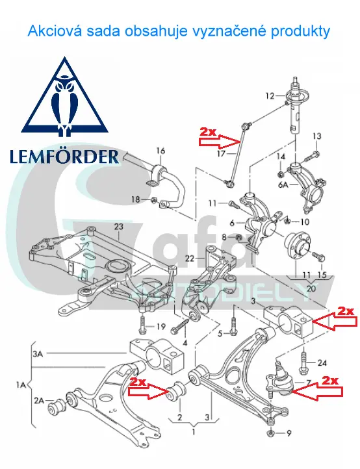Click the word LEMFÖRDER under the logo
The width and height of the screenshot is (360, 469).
pos(64,157)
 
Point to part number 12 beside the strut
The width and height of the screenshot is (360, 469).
pos(270,96)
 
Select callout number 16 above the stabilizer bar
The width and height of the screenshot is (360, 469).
pos(161,151)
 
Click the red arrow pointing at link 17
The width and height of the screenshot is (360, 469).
pos(220,142)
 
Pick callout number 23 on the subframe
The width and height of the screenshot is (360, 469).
pos(118,227)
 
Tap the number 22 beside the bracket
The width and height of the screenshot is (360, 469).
pos(190,258)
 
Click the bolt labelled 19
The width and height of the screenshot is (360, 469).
pos(142,325)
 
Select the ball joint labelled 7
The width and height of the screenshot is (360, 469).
pos(277,379)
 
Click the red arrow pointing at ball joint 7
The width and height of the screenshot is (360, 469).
pos(318,392)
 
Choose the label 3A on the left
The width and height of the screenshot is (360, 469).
pos(38,354)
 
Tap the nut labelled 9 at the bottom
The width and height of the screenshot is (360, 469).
pos(270,433)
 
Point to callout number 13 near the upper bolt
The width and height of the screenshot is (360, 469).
pos(316,136)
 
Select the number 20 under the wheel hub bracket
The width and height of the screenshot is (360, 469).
pos(311,288)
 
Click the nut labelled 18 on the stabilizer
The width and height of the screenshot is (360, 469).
pos(153,199)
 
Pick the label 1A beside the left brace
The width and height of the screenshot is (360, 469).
pos(21,385)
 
